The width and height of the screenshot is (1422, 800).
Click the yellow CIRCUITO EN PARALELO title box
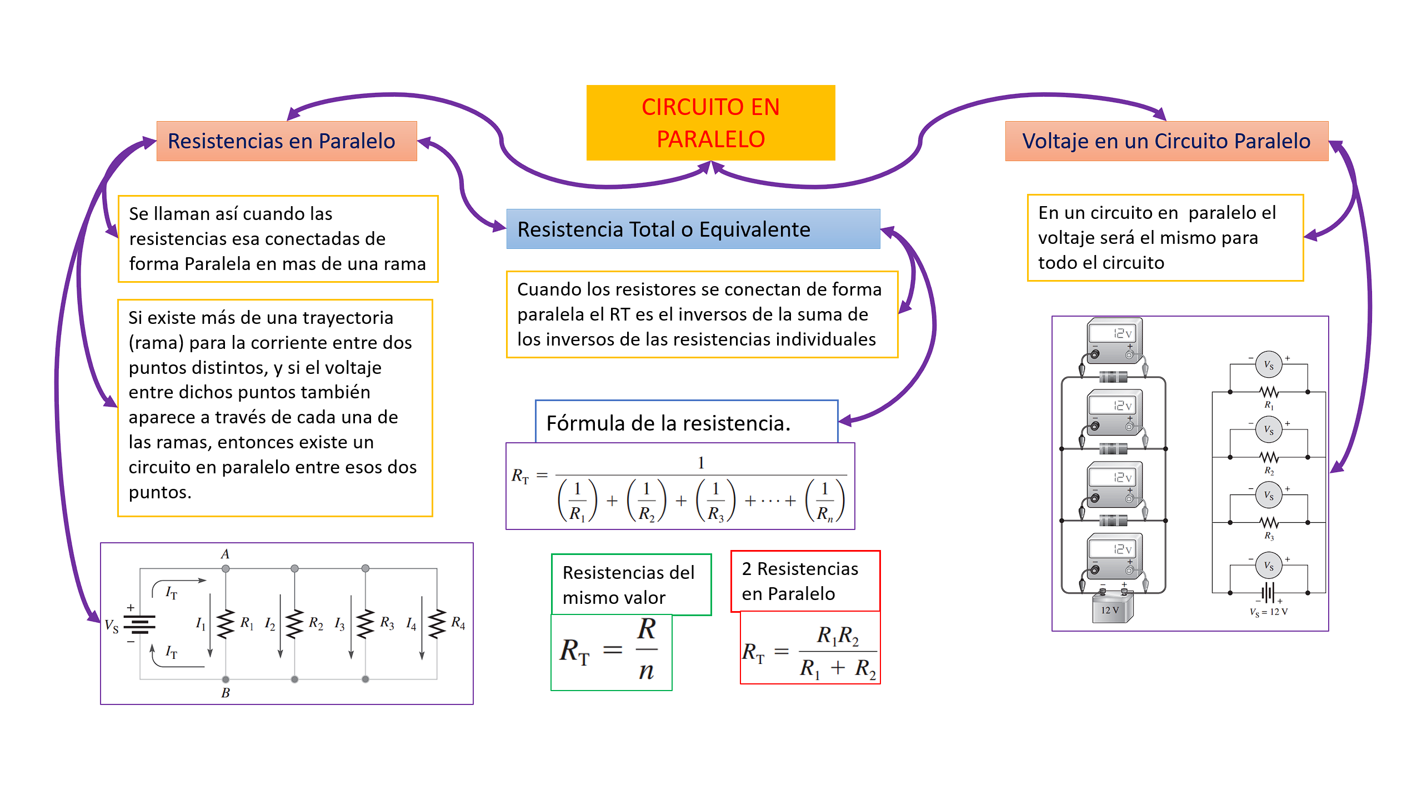click(710, 123)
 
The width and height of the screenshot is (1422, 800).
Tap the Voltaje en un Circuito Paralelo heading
click(1166, 141)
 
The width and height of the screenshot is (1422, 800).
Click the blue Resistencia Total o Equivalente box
click(693, 229)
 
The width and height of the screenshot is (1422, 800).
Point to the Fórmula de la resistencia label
click(668, 423)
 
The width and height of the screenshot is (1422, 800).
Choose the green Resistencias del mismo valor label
click(630, 584)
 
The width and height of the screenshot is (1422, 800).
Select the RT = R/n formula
click(611, 651)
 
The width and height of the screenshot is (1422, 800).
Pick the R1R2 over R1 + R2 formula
click(810, 651)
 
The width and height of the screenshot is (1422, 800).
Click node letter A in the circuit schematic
click(225, 554)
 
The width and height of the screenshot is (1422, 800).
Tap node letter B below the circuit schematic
click(226, 693)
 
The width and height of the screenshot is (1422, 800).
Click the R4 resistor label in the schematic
click(458, 622)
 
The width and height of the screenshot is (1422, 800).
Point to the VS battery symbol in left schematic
click(139, 624)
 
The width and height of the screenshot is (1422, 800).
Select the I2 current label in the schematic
click(270, 624)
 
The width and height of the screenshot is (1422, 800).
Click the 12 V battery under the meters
click(1111, 609)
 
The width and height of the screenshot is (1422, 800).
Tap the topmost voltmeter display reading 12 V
click(1113, 333)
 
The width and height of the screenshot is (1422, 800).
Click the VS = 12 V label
click(1269, 612)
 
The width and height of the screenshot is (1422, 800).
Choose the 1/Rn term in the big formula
click(825, 501)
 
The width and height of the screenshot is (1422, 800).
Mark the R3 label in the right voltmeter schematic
click(1269, 536)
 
